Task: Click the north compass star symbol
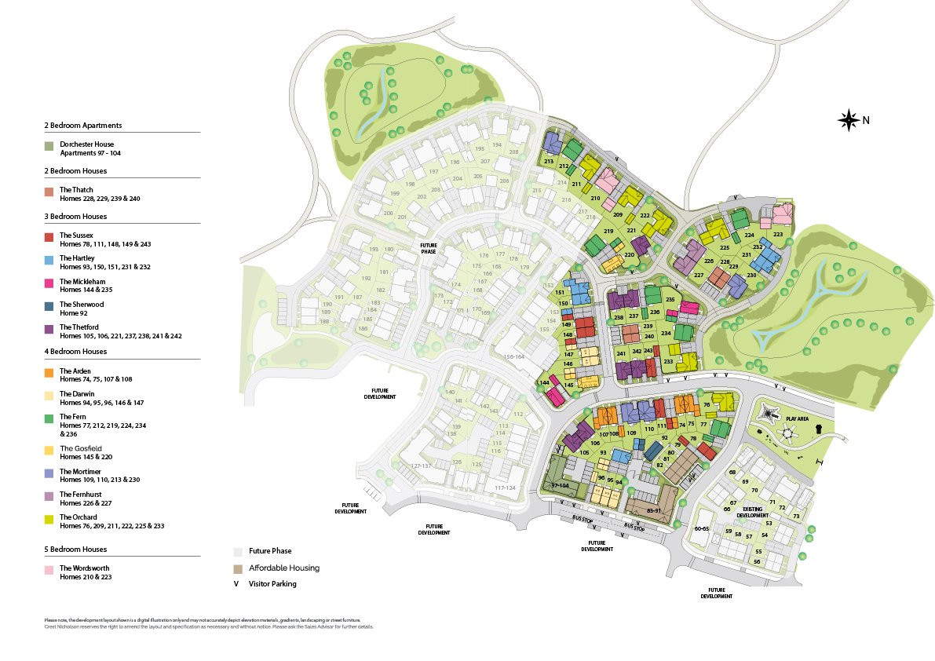(849, 120)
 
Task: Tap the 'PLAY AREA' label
(798, 419)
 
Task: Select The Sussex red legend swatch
(49, 236)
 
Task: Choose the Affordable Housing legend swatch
(238, 568)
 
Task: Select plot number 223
(778, 234)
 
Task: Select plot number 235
(670, 300)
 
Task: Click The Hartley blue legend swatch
(49, 259)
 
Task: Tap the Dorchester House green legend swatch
(49, 146)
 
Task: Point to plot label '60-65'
(702, 529)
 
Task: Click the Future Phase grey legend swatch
(238, 551)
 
